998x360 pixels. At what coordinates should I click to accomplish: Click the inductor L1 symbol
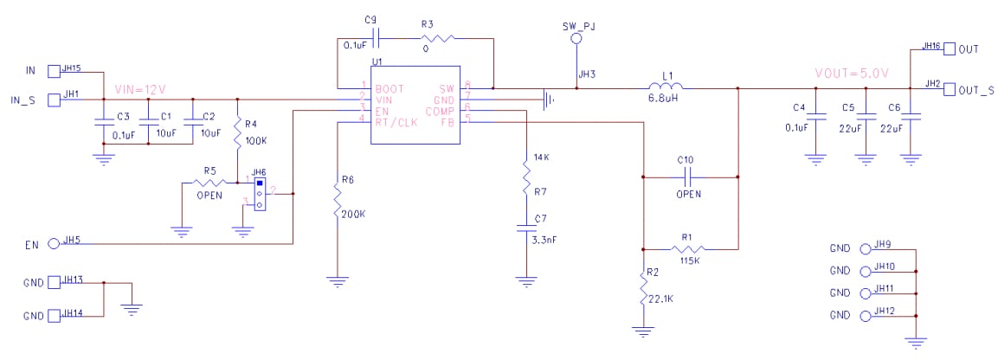666,86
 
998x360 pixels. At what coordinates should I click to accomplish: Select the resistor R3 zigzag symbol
438,38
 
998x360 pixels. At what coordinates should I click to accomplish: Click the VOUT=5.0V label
851,72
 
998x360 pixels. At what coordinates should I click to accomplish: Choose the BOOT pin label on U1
390,87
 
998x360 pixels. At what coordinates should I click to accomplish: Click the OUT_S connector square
950,89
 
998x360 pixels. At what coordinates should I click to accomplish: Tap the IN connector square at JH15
54,69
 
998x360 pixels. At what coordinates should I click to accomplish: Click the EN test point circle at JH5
54,244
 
